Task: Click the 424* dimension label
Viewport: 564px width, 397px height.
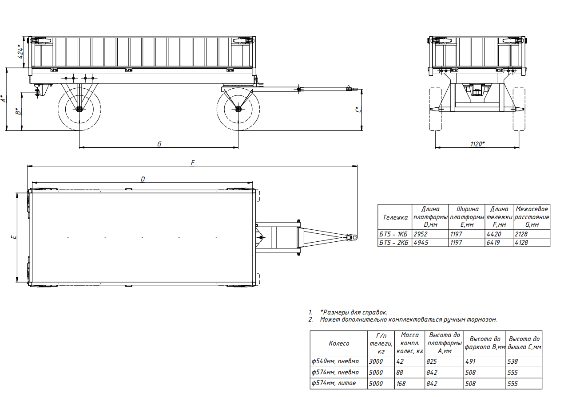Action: point(20,52)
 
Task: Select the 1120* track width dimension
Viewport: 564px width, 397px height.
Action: point(477,144)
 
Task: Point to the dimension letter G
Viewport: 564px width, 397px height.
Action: point(159,144)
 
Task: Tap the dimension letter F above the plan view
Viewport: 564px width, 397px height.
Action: point(193,163)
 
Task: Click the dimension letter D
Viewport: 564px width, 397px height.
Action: point(143,179)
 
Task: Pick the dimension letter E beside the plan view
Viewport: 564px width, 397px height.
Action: point(14,237)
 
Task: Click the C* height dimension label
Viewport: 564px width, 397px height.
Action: point(358,110)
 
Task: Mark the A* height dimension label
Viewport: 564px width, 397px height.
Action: point(3,99)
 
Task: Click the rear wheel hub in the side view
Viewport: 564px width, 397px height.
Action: point(79,109)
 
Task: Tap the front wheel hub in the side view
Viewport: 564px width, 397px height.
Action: point(238,109)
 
